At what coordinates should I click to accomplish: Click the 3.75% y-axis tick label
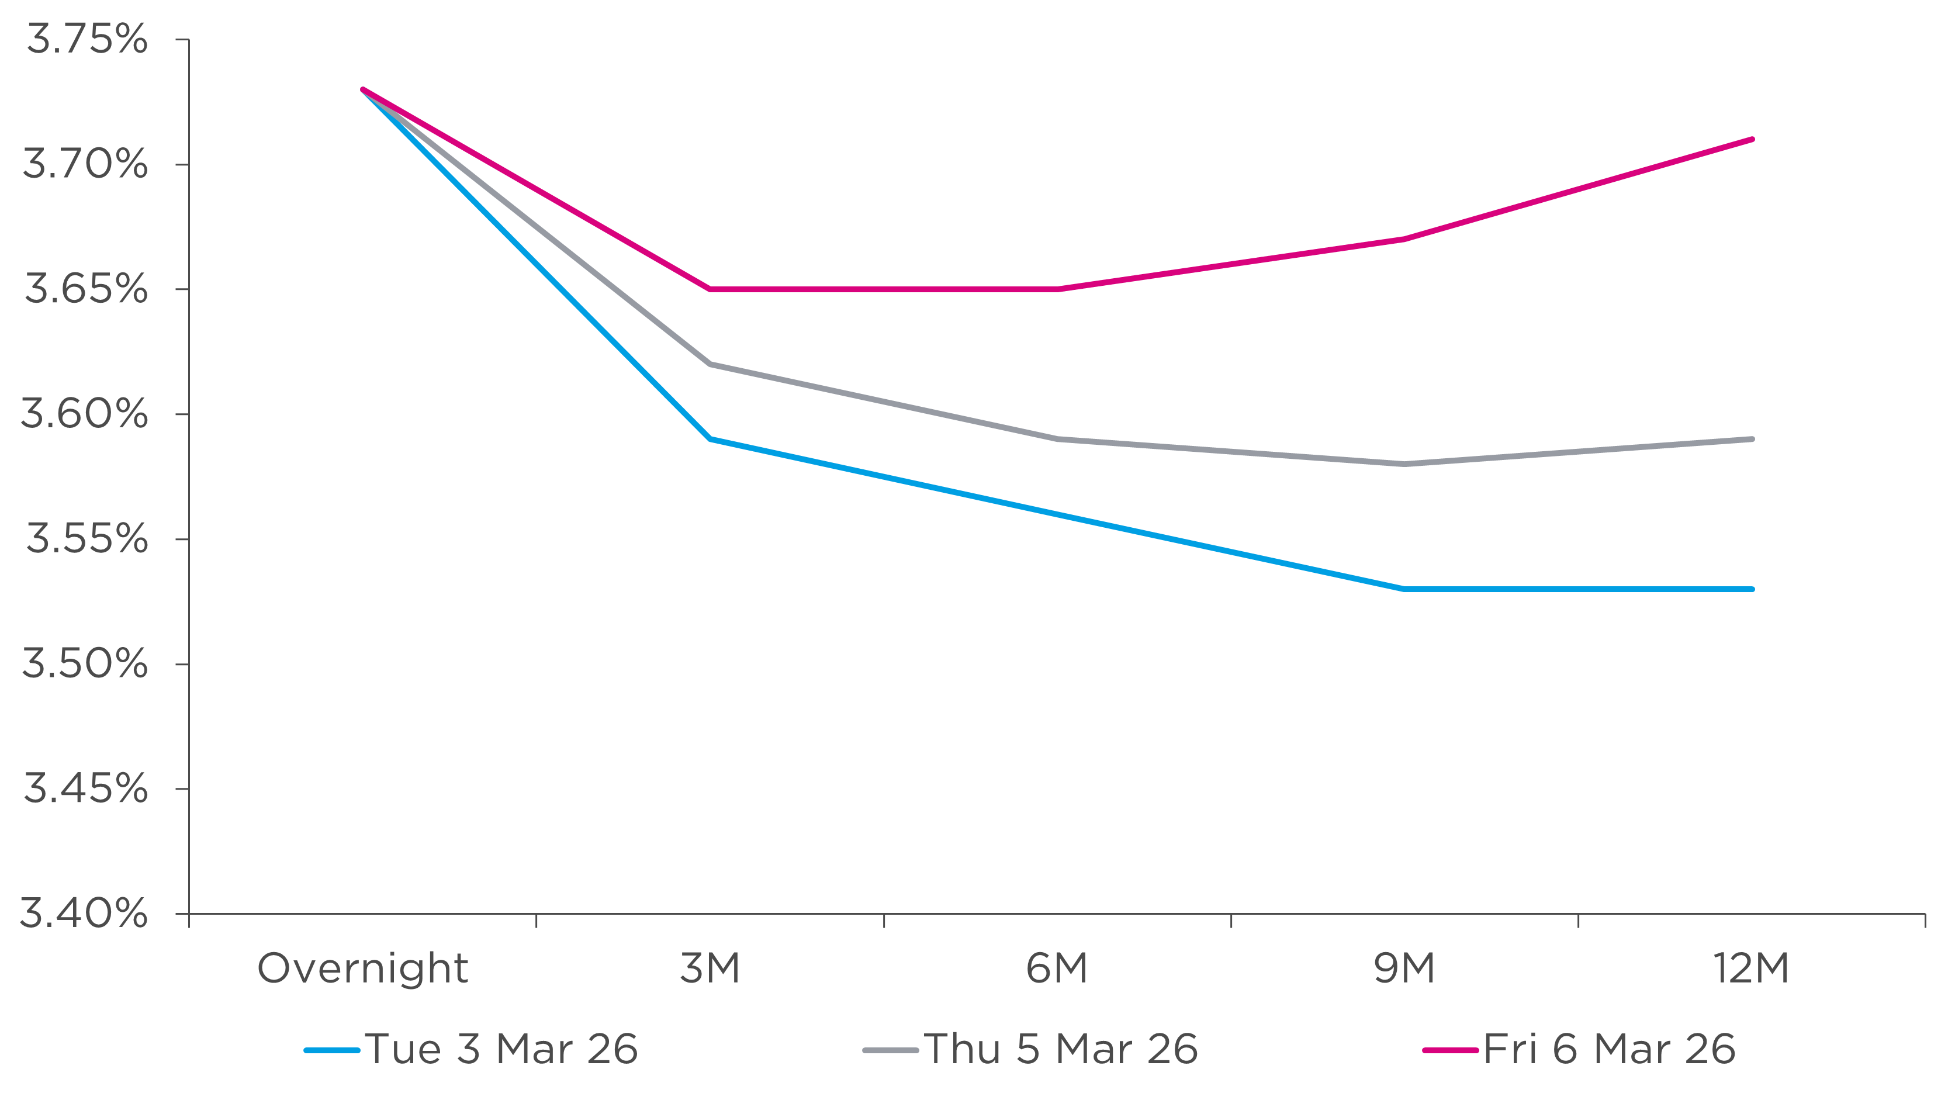(x=86, y=40)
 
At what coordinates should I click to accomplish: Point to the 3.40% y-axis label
(x=84, y=913)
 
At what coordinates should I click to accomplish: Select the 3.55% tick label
(x=86, y=539)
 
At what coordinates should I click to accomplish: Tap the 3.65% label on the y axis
(x=86, y=289)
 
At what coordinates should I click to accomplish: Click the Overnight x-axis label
(x=363, y=969)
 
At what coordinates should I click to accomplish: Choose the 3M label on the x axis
(x=710, y=969)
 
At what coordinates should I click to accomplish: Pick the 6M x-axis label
(x=1057, y=969)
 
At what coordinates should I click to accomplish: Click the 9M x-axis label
(x=1404, y=969)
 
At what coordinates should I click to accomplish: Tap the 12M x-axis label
(x=1751, y=969)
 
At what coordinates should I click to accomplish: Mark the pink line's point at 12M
(x=1752, y=140)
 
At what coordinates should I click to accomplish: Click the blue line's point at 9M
(x=1404, y=589)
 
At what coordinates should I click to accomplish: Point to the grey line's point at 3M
(x=710, y=364)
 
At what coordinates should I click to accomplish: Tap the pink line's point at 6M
(x=1057, y=289)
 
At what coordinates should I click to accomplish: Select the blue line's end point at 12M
(x=1752, y=589)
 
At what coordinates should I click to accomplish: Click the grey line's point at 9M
(x=1404, y=464)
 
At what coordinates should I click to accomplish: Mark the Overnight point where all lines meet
(x=363, y=89)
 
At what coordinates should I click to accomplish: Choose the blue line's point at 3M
(x=710, y=439)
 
